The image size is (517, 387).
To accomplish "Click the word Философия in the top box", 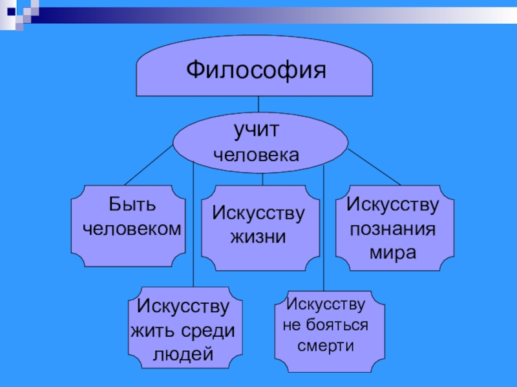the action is coord(255,69).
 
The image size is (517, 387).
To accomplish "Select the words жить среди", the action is coord(184,330).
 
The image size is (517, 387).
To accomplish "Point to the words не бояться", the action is coord(325,324).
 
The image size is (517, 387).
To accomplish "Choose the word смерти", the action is coord(325,345).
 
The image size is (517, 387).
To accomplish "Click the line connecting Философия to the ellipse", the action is coord(258,105).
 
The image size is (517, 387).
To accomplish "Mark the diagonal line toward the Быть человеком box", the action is coord(149,164).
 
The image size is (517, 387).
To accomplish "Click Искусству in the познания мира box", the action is coord(392,205).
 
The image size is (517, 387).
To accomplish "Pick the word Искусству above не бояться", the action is coord(325,304).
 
